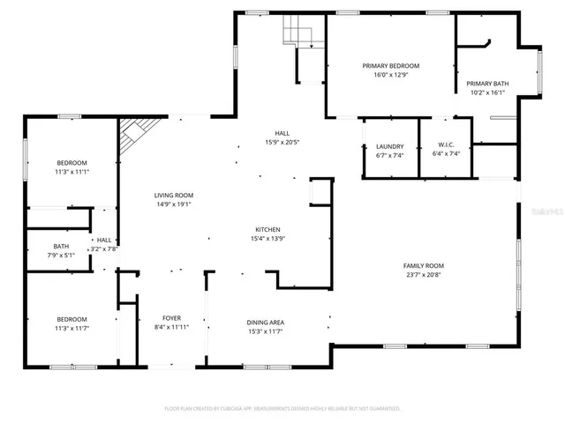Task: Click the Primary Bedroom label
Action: click(390, 66)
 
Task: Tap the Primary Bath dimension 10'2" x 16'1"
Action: click(487, 93)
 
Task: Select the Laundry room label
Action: click(389, 146)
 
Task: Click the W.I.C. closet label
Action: click(446, 146)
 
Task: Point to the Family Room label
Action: click(423, 265)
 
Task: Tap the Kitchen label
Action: click(269, 228)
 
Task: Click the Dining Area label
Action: click(265, 322)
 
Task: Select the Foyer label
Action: click(171, 317)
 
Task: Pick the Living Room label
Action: click(174, 195)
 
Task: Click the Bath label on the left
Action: click(61, 246)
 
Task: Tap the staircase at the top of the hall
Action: click(298, 34)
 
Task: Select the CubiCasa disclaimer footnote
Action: click(282, 408)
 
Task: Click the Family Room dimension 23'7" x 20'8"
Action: click(423, 274)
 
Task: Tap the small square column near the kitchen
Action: click(319, 192)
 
